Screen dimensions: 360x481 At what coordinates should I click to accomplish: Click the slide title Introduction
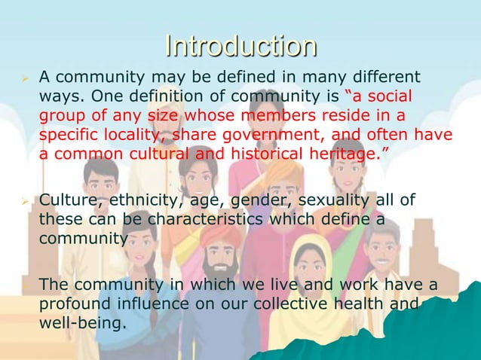[x=240, y=46]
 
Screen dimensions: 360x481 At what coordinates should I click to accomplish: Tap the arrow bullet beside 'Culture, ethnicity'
[x=23, y=200]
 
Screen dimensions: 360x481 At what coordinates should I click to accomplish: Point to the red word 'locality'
[x=139, y=135]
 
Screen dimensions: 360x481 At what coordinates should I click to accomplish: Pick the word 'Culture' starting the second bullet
[x=66, y=200]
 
